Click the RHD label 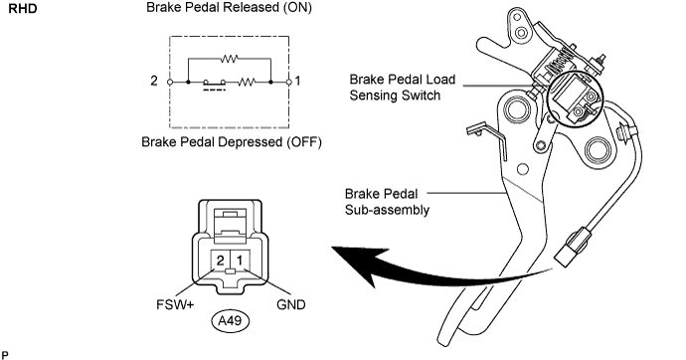(x=23, y=9)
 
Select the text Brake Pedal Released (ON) (x=229, y=8)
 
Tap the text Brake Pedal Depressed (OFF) (x=231, y=142)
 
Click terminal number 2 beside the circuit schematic (x=154, y=81)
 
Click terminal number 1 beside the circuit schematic (x=298, y=81)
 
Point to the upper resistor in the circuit (x=229, y=59)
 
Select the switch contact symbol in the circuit (x=215, y=84)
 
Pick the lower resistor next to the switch (x=247, y=82)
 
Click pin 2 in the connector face (x=220, y=261)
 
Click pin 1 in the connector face (x=240, y=261)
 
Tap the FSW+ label (x=175, y=304)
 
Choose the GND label (x=291, y=304)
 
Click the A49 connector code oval (x=230, y=321)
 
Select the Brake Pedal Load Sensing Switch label (x=403, y=88)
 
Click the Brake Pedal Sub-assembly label (x=387, y=202)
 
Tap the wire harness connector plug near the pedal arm (x=571, y=248)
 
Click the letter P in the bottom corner (x=5, y=355)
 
